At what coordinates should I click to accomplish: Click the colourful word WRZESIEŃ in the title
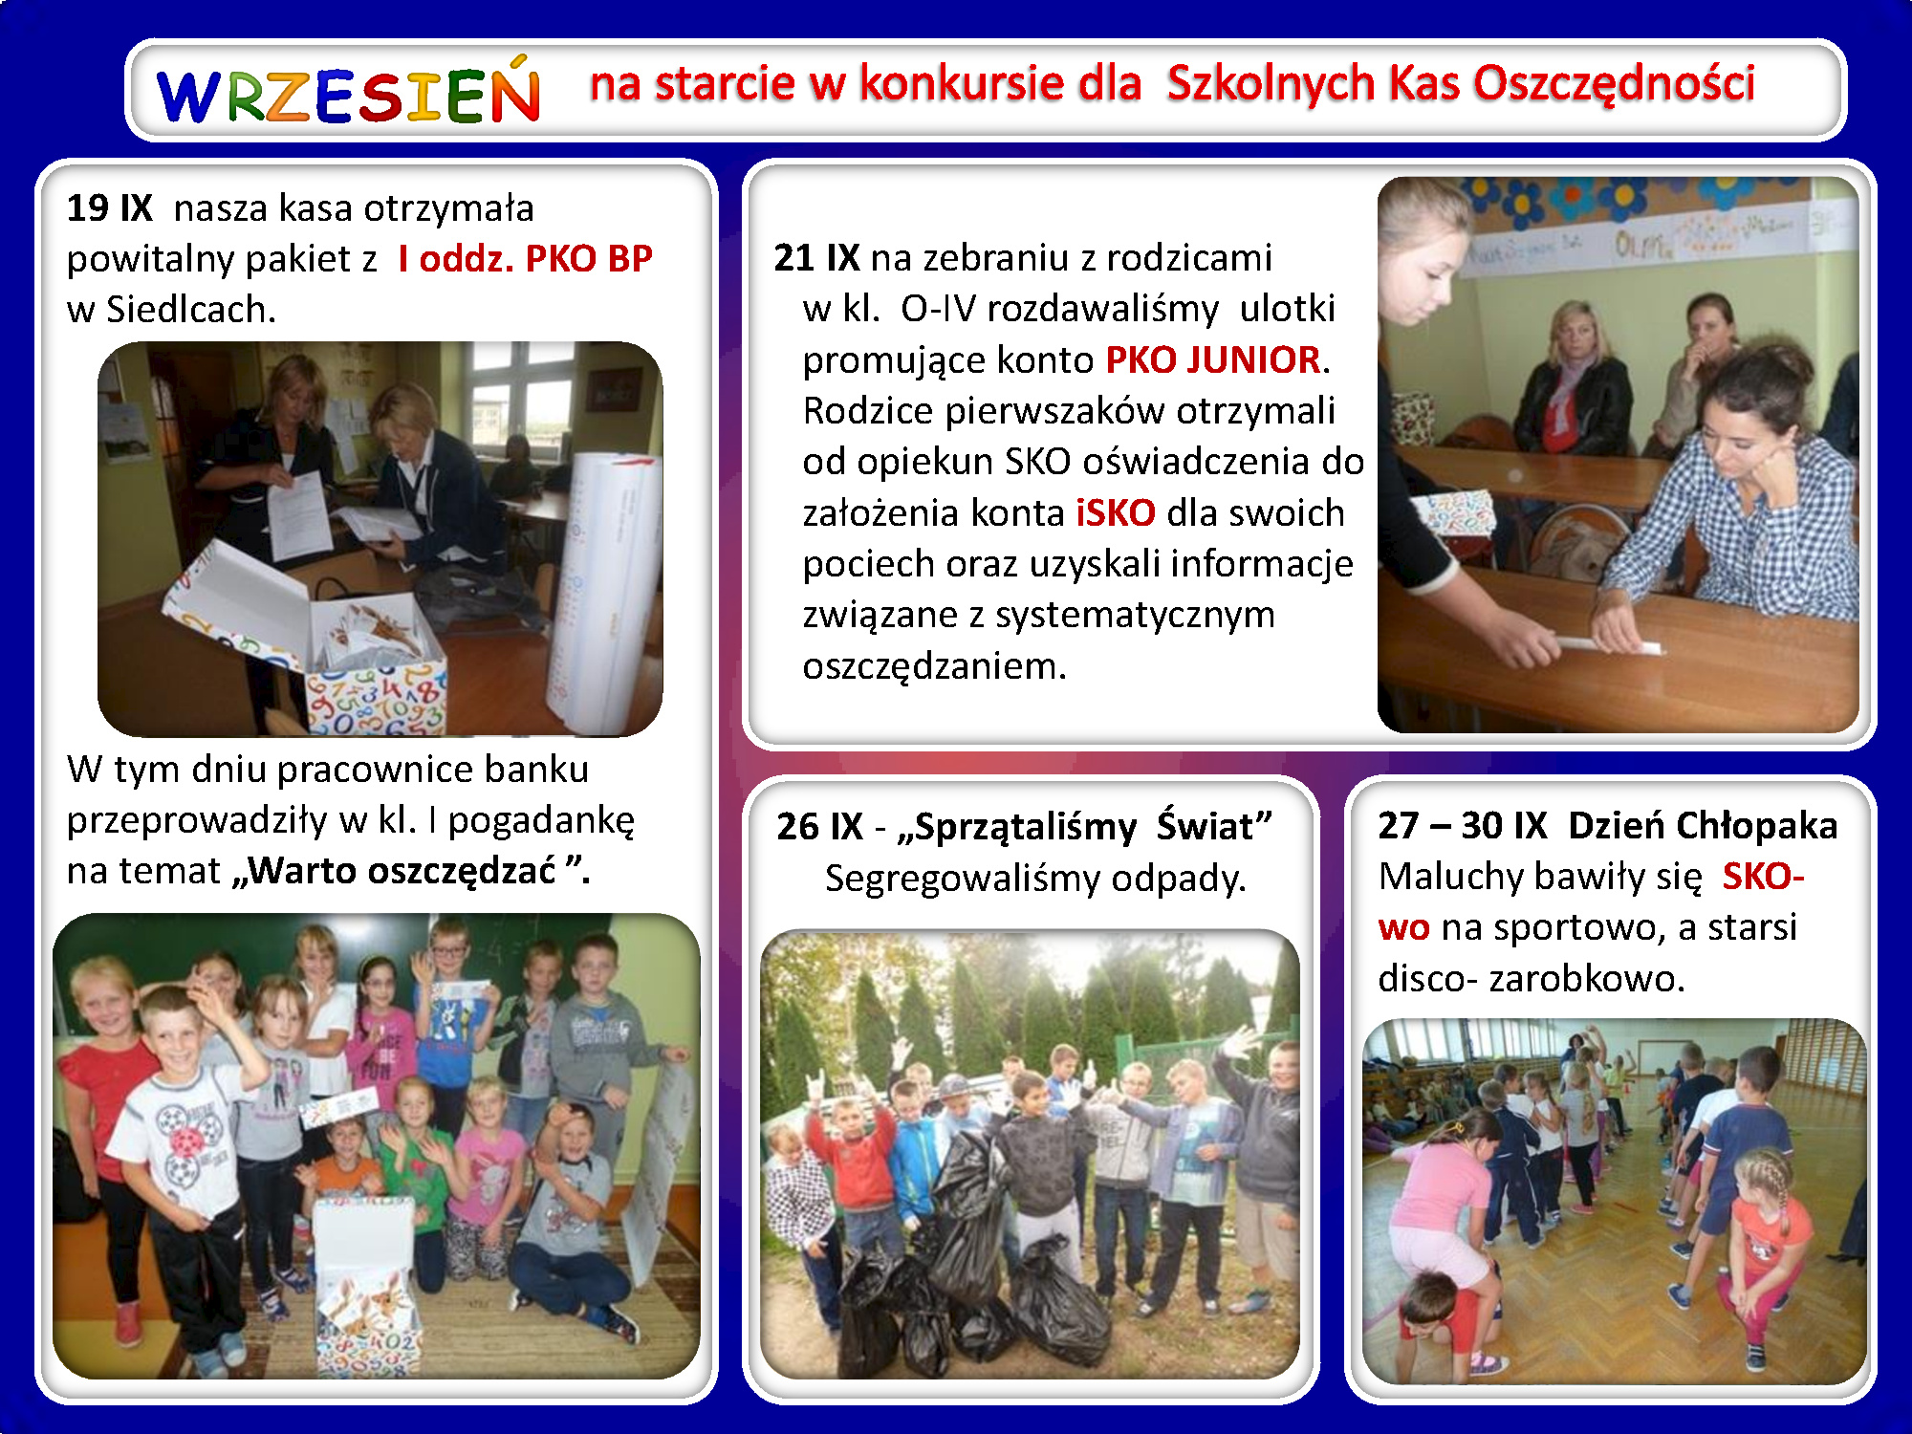pos(349,92)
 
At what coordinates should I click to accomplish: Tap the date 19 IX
pos(109,207)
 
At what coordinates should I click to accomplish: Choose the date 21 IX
pos(816,257)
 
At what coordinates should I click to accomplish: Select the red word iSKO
pos(1116,512)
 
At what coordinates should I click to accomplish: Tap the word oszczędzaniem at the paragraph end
pos(934,666)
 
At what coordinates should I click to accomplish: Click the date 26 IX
pos(819,826)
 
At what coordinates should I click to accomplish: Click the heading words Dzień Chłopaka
pos(1703,825)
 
